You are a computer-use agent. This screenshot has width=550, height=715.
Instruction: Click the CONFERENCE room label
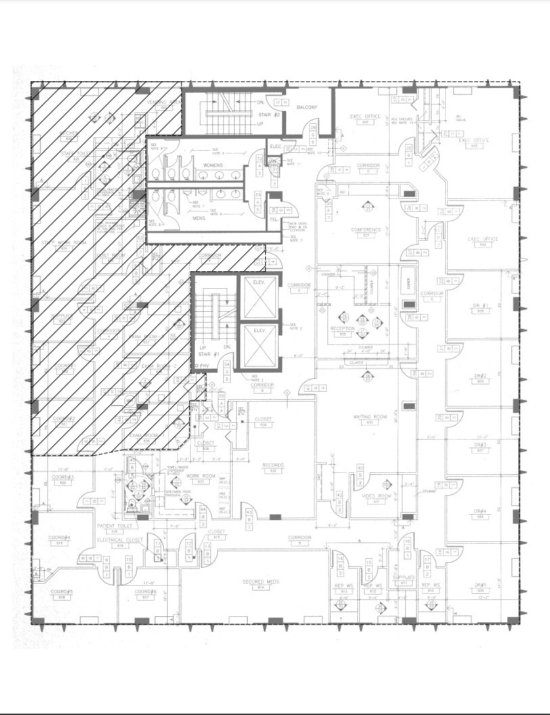(365, 230)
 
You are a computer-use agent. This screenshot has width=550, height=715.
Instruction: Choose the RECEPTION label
(343, 329)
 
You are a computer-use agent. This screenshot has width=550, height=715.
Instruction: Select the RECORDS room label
(273, 465)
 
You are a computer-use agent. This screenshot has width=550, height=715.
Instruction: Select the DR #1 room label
(481, 306)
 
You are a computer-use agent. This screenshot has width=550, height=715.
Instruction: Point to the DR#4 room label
(481, 511)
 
